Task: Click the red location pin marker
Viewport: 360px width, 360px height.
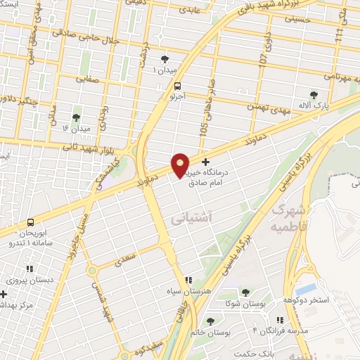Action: pyautogui.click(x=180, y=165)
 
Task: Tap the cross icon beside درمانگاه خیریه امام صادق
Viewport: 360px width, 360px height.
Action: pyautogui.click(x=205, y=162)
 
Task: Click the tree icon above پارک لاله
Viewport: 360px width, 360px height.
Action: pyautogui.click(x=314, y=94)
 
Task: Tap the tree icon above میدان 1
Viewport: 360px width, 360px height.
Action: pyautogui.click(x=165, y=60)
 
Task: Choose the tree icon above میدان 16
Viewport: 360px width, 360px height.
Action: pyautogui.click(x=76, y=117)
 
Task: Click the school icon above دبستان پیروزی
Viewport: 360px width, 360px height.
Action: pyautogui.click(x=29, y=268)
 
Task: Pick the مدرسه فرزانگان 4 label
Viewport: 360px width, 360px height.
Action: pyautogui.click(x=299, y=330)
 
